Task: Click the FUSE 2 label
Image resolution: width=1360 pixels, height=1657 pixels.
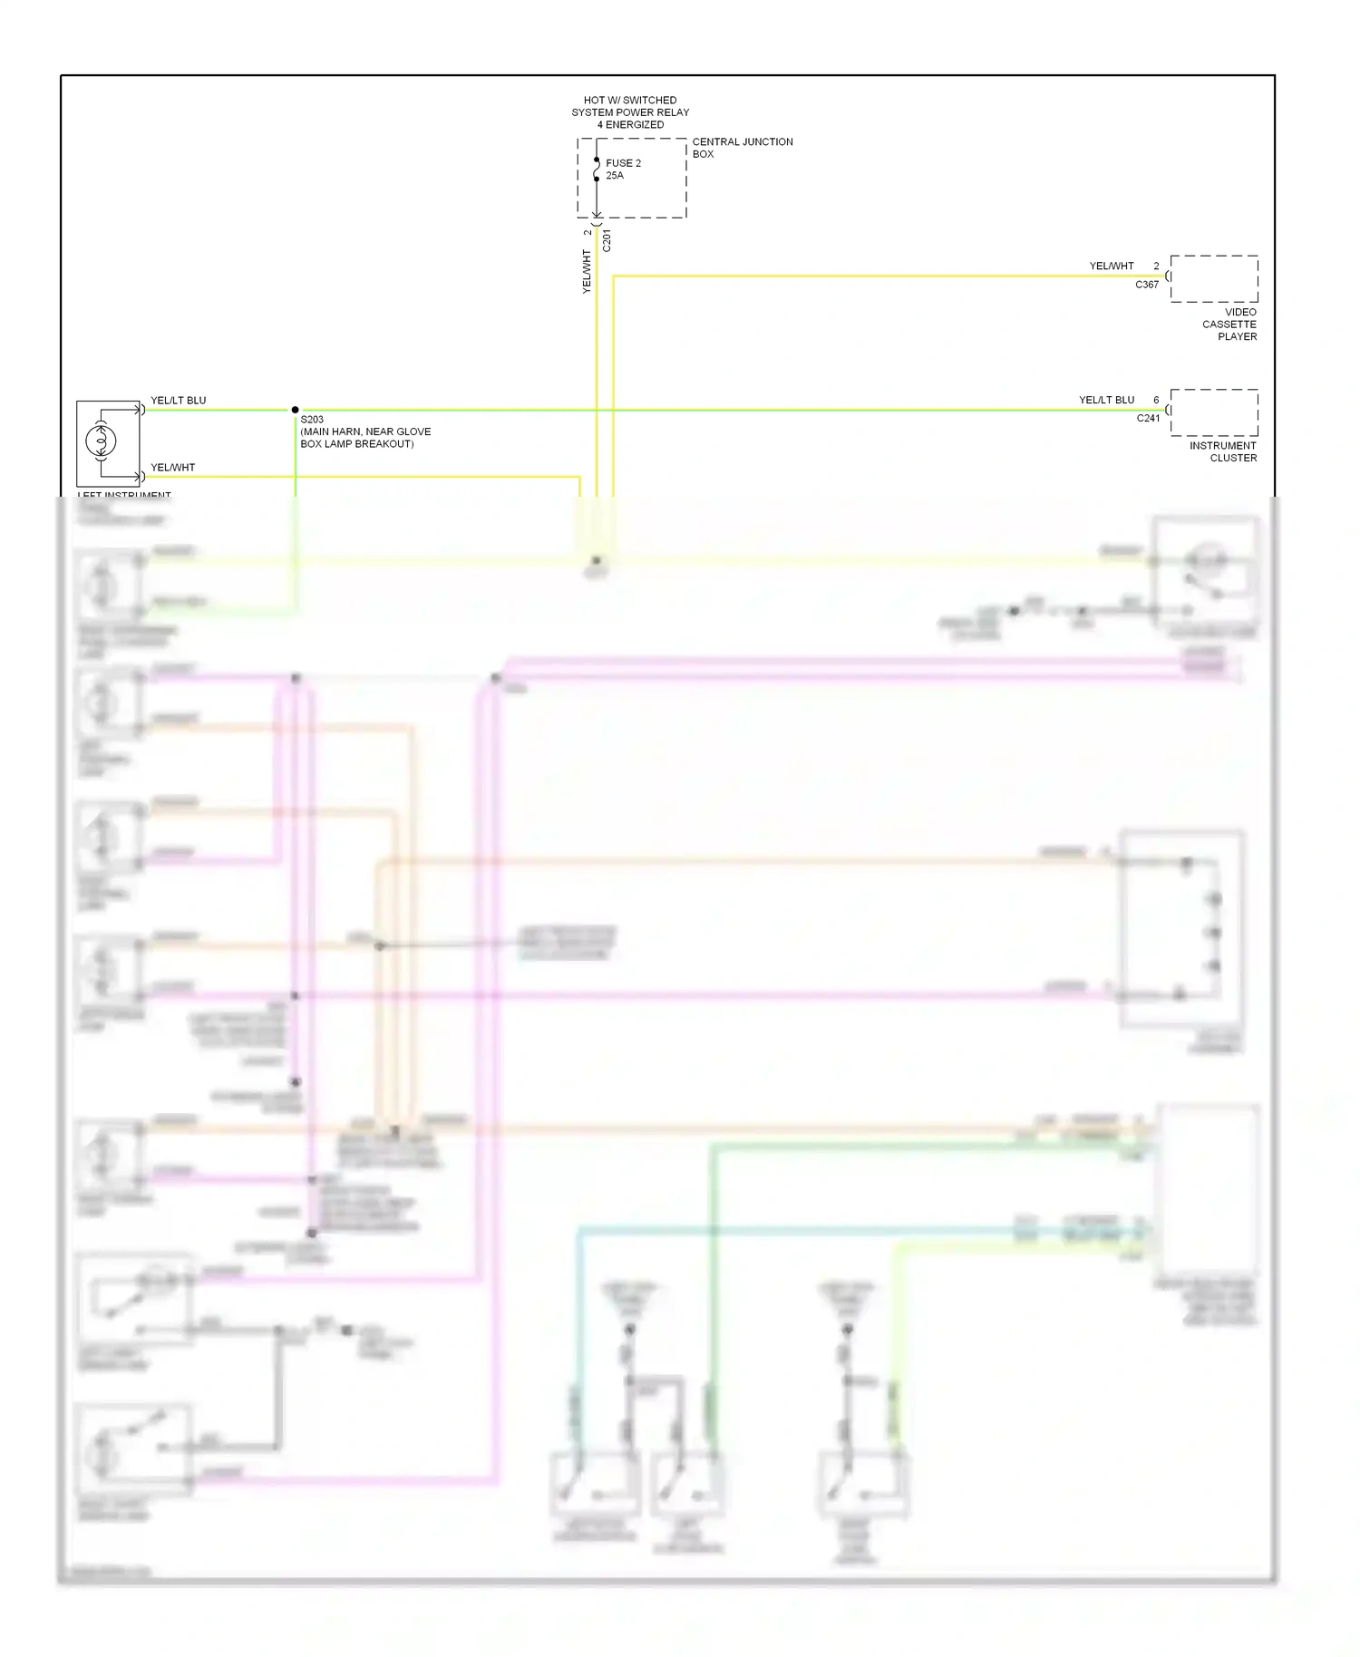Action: coord(623,163)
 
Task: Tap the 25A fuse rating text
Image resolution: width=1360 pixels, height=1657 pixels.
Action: coord(615,176)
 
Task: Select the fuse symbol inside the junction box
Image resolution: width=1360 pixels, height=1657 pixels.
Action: coord(596,170)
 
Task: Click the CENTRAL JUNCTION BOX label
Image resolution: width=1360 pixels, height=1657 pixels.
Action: coord(742,148)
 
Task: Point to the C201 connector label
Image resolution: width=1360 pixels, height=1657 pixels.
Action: coord(607,240)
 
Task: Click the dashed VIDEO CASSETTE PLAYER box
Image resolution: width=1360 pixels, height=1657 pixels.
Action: coord(1213,278)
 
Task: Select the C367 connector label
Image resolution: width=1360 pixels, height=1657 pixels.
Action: coord(1147,285)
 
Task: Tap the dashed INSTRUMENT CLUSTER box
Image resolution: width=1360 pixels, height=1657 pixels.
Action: coord(1213,412)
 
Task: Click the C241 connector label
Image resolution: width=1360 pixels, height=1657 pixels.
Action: coord(1148,419)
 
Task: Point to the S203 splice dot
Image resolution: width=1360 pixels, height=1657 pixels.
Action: coord(295,410)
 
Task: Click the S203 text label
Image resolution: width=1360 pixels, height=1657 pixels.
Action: coord(312,421)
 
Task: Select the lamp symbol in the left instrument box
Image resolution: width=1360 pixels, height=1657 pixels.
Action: coord(101,441)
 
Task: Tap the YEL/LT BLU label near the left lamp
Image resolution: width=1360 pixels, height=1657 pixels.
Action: coord(178,401)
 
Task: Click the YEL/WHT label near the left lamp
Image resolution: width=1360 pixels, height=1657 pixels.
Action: coord(172,468)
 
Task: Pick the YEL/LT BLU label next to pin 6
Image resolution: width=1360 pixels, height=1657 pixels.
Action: coord(1106,400)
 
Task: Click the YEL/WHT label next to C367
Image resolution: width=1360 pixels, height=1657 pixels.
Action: coord(1112,266)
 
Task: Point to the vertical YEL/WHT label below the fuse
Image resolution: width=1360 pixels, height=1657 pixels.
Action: coord(587,271)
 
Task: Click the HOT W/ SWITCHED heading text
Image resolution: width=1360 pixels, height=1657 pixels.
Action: coord(630,101)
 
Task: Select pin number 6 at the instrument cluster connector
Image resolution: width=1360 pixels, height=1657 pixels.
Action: coord(1156,400)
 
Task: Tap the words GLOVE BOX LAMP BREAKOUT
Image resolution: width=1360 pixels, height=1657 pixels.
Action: coord(357,444)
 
